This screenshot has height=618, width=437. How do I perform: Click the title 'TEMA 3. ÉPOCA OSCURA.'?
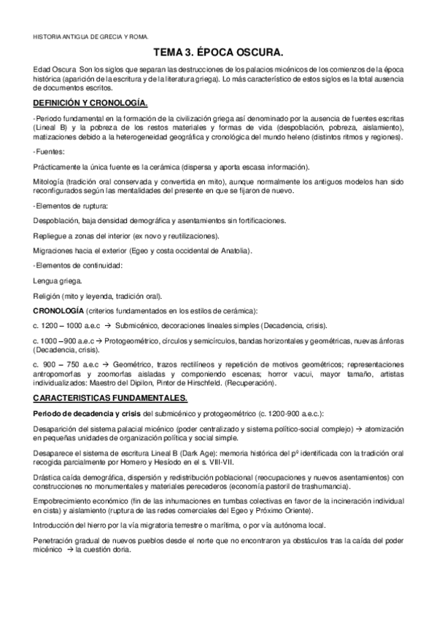point(218,53)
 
